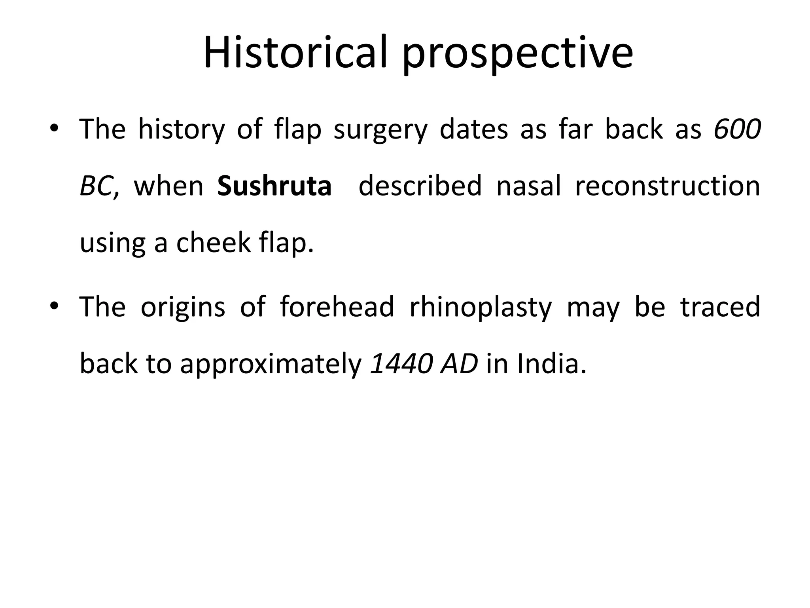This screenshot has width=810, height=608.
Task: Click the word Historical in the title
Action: tap(295, 53)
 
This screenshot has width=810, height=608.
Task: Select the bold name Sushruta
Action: tap(274, 186)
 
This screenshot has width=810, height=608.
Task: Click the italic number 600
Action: tap(737, 129)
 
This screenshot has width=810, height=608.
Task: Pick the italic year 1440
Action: tap(400, 363)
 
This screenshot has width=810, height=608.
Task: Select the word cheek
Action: tap(213, 243)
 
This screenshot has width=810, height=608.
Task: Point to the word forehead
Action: tap(337, 307)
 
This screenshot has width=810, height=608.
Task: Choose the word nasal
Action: tap(528, 186)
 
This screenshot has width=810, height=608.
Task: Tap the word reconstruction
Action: tap(667, 186)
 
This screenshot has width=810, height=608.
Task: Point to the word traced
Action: tap(720, 307)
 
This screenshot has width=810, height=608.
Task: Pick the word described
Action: tap(420, 186)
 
